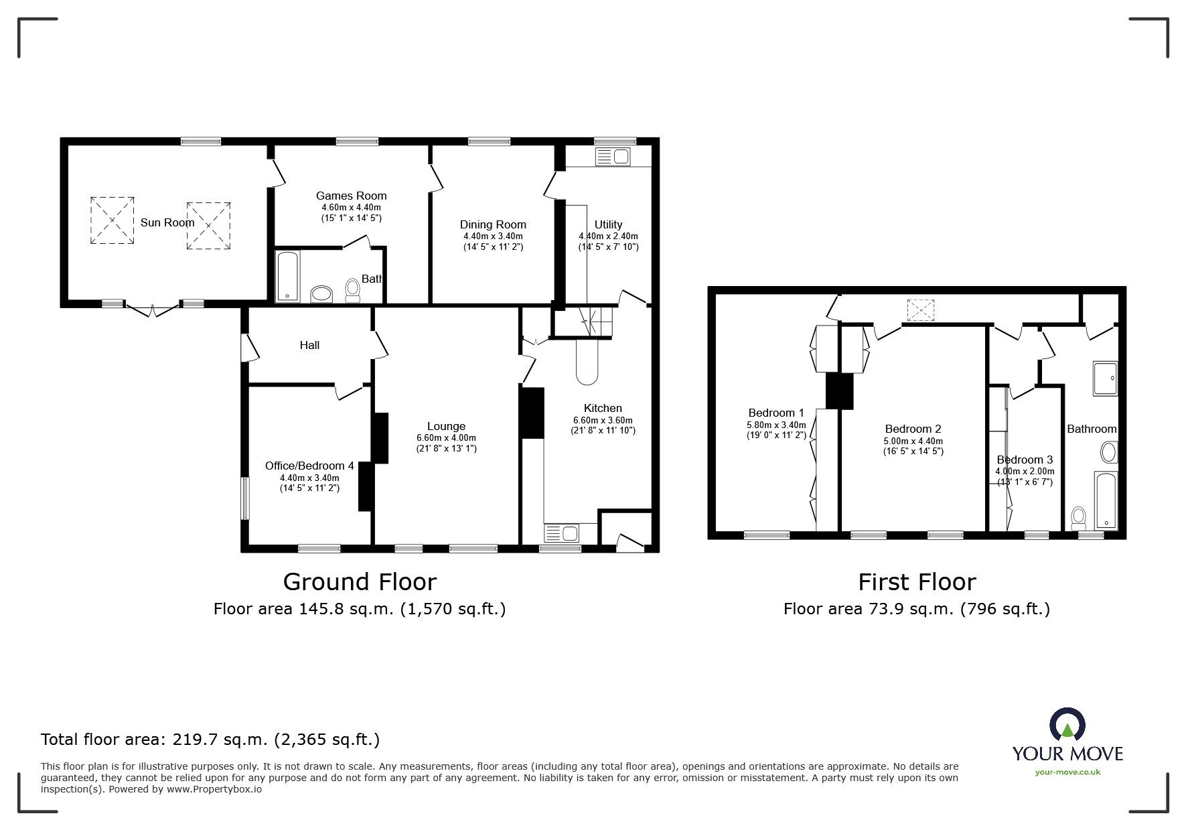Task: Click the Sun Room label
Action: click(x=167, y=222)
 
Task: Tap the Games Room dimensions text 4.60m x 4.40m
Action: click(x=351, y=208)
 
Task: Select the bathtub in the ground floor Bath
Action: click(x=288, y=276)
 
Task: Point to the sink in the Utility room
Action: click(x=612, y=157)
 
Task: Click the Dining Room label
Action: click(x=492, y=224)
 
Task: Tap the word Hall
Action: click(x=309, y=345)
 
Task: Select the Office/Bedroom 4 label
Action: click(x=309, y=466)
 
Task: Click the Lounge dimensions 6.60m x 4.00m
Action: click(x=446, y=438)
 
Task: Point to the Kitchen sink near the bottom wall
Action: click(x=563, y=533)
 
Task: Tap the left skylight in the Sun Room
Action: click(x=112, y=220)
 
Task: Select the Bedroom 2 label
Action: click(x=913, y=429)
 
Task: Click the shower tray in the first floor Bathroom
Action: click(x=1105, y=378)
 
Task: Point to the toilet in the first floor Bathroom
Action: click(x=1078, y=517)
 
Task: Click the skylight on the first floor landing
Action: click(x=919, y=310)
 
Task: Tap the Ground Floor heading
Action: click(x=360, y=581)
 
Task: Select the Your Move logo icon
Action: click(x=1067, y=726)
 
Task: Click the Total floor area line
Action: click(x=210, y=740)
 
